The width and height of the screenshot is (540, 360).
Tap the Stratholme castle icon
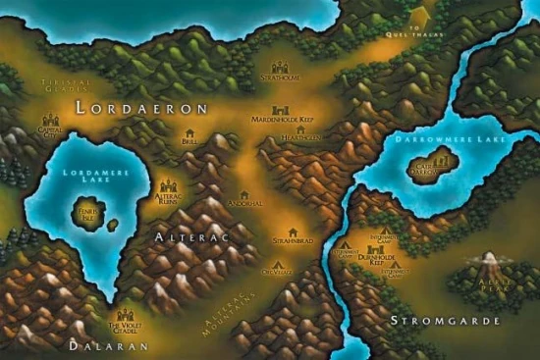tap(280, 68)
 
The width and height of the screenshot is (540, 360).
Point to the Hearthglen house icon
tap(299, 129)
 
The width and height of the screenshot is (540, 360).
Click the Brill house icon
tap(189, 133)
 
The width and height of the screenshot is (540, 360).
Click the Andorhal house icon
tap(243, 196)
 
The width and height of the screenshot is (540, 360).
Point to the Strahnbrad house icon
tap(292, 232)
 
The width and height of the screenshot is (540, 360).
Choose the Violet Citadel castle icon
tap(125, 316)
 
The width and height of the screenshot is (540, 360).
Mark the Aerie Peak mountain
tap(488, 263)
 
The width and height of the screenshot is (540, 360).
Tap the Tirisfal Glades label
tap(61, 85)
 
